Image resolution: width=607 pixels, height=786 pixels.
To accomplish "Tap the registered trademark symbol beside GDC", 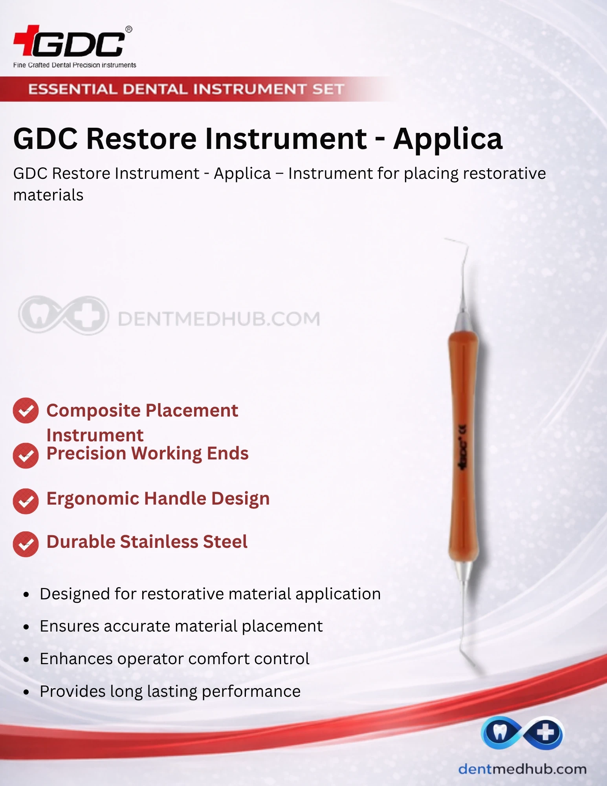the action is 128,29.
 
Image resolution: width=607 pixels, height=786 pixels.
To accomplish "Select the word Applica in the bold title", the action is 448,140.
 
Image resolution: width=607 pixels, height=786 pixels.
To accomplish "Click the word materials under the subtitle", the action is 48,195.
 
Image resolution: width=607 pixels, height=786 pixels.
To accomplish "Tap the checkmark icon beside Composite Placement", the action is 26,411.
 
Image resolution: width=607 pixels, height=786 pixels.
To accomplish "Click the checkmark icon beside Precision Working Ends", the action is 26,455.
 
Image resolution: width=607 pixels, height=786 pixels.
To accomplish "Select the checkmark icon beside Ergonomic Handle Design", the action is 26,501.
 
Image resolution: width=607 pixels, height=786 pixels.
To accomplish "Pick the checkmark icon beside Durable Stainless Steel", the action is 26,544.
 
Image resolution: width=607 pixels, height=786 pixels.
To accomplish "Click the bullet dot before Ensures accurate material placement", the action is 26,627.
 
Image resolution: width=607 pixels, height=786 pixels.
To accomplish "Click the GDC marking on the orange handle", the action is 463,447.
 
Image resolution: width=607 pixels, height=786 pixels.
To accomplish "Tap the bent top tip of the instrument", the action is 445,238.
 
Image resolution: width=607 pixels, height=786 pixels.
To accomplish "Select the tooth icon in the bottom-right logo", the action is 500,733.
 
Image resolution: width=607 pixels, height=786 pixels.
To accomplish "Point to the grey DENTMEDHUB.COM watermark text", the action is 219,319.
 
